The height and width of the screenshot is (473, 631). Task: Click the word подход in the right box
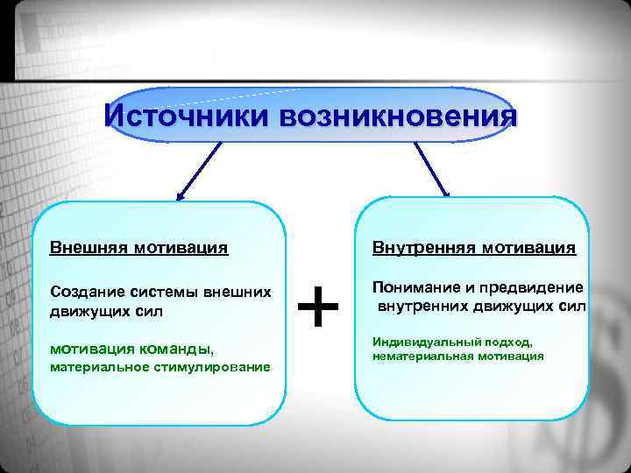tap(506, 342)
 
